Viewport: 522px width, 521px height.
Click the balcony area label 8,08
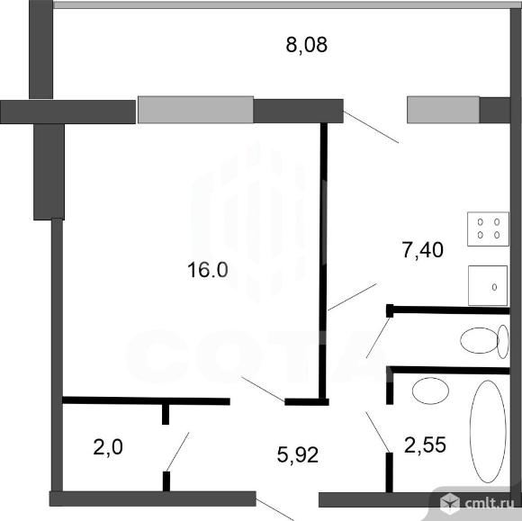[x=307, y=45]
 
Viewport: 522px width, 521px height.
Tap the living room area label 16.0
[x=208, y=270]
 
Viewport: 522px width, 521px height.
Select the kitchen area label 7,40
[x=422, y=250]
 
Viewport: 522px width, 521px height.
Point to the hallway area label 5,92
[x=298, y=454]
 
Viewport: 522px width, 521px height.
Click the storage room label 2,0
[x=108, y=446]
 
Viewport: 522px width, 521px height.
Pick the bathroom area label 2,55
[x=425, y=445]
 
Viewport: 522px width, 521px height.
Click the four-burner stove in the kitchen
[x=488, y=229]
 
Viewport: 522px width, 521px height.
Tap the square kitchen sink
[x=488, y=285]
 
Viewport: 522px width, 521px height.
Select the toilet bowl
[x=484, y=340]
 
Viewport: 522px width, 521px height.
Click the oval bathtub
[x=488, y=431]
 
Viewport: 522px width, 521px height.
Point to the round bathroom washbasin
[x=430, y=391]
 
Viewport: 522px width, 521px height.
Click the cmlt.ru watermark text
[x=490, y=504]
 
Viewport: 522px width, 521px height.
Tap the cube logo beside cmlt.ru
[x=450, y=503]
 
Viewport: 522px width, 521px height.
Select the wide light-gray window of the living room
[x=196, y=110]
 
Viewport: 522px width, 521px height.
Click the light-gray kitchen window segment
[x=444, y=110]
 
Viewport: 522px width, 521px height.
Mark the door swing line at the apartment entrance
[x=275, y=509]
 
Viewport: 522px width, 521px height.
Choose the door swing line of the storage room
[x=178, y=452]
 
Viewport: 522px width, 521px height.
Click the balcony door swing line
[x=371, y=127]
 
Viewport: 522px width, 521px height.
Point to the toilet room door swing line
[x=378, y=337]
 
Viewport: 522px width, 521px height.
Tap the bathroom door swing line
[x=377, y=432]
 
